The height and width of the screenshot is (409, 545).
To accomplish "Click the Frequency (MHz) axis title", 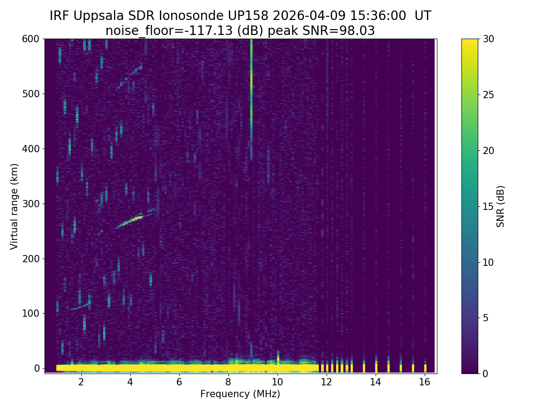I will [240, 394].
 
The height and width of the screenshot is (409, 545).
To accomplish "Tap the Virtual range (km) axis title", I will [14, 206].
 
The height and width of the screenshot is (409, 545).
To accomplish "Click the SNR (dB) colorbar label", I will [500, 206].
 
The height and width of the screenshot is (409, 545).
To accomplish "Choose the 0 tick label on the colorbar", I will [486, 374].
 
